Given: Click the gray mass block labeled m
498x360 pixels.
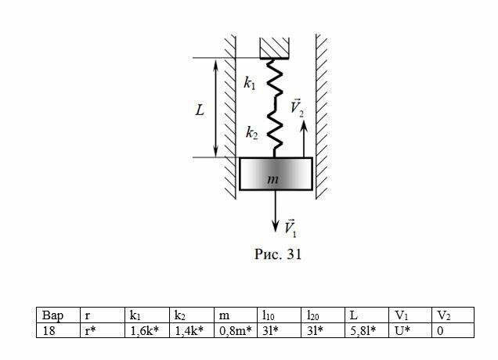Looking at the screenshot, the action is tap(275, 175).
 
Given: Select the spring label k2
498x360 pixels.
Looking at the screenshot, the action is tap(251, 134).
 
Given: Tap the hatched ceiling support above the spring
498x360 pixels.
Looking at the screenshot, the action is tap(275, 45).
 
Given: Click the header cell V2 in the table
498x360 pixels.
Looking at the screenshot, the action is tap(454, 316).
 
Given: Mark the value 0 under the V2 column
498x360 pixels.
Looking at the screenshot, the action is tap(454, 330).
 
